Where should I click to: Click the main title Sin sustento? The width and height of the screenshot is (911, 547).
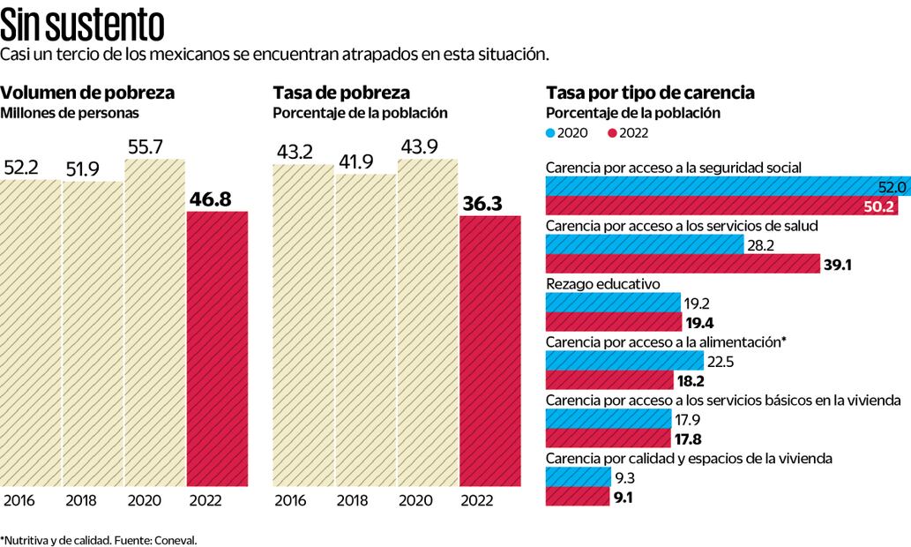click(82, 24)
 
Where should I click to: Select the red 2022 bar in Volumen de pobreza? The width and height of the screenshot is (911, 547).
click(217, 348)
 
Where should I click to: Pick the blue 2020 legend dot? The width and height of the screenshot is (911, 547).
click(551, 132)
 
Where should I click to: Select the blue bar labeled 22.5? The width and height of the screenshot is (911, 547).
click(624, 361)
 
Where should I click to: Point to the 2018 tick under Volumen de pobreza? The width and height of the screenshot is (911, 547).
click(82, 501)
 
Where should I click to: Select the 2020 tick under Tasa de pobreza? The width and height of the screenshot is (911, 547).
click(416, 501)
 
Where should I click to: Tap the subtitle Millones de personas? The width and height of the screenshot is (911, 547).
click(70, 113)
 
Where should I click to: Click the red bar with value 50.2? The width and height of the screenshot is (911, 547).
click(706, 206)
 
